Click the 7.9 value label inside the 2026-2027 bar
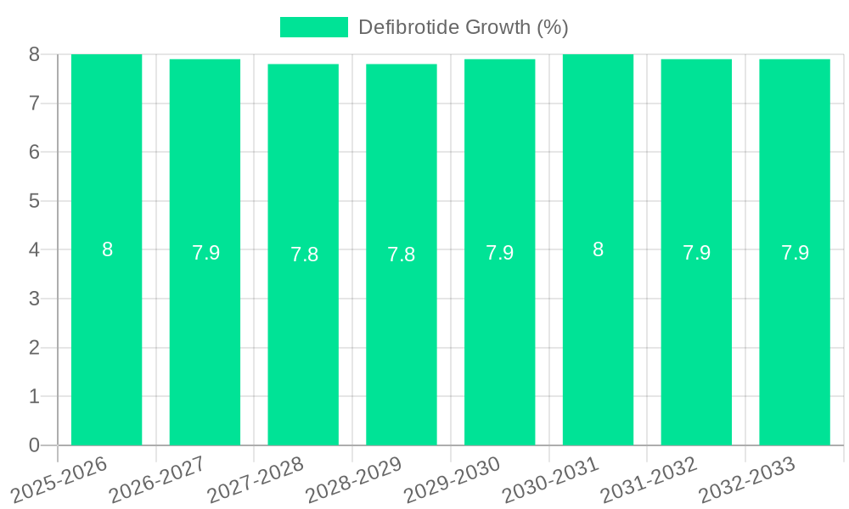tap(205, 253)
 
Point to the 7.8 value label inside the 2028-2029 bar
tap(402, 255)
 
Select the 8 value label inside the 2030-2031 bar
tap(598, 249)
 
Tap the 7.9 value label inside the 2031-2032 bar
tap(696, 253)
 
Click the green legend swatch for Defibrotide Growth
tap(314, 27)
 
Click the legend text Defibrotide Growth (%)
tap(463, 27)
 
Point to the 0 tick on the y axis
tap(34, 445)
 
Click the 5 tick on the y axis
tap(34, 201)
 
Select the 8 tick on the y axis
tap(34, 54)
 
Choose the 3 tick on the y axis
tap(34, 299)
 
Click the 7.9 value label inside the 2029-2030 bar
tap(499, 253)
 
